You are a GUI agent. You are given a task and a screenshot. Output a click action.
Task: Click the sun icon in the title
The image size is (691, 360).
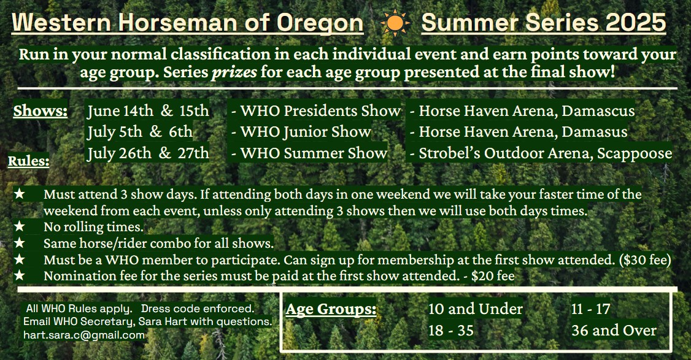(395, 23)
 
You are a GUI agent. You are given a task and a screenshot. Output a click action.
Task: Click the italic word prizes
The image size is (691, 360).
(234, 71)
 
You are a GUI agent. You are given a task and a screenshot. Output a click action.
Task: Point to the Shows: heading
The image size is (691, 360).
(40, 111)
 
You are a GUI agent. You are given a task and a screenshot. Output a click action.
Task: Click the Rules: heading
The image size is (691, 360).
(28, 161)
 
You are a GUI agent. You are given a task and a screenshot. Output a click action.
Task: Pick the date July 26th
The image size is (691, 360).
(119, 153)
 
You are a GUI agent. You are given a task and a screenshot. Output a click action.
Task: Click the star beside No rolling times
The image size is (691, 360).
(20, 226)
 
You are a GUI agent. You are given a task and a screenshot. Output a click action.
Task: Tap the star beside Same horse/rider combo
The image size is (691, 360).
(20, 243)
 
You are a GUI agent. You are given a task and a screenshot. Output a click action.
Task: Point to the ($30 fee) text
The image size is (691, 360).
(645, 260)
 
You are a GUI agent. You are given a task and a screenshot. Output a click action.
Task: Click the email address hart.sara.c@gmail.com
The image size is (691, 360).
(84, 335)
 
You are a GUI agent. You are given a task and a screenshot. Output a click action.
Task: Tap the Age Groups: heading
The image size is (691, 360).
(331, 309)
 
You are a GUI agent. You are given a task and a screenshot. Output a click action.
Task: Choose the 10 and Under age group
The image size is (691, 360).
(476, 309)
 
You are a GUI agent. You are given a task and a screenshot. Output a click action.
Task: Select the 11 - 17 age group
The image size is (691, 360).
(590, 309)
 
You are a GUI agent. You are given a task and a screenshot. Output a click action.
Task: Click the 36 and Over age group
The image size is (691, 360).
(614, 331)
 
